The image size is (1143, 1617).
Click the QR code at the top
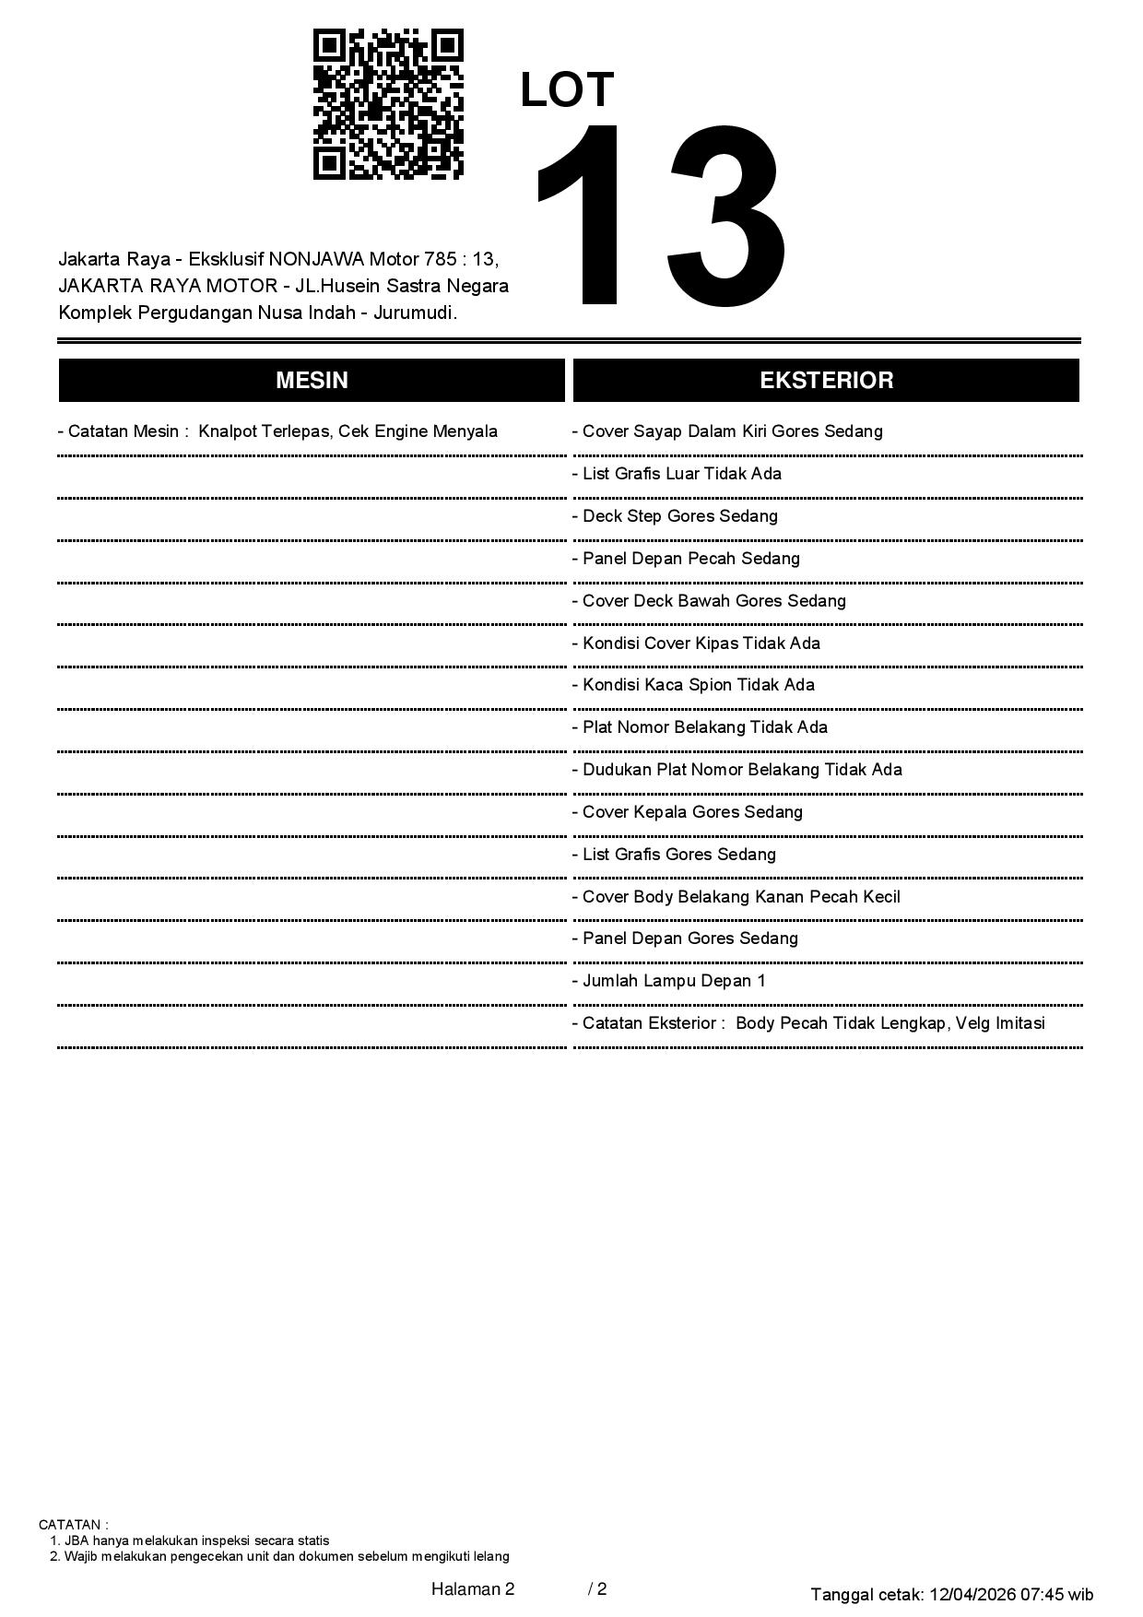388,104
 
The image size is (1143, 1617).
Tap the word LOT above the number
567,90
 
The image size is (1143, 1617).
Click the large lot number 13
660,217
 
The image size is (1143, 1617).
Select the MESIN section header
312,381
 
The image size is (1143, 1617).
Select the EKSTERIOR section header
826,381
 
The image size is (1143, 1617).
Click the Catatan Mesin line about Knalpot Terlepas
277,431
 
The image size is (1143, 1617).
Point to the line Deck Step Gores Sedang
675,516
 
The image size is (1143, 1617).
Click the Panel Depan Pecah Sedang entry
686,559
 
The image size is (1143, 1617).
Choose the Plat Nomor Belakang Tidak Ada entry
700,727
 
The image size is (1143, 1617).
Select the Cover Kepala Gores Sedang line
687,812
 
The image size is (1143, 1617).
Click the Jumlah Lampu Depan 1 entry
668,981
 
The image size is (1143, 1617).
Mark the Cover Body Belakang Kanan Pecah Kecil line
736,897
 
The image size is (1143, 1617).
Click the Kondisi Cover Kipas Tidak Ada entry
696,643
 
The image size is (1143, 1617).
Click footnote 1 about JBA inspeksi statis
190,1540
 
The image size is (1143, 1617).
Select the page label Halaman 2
473,1589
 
